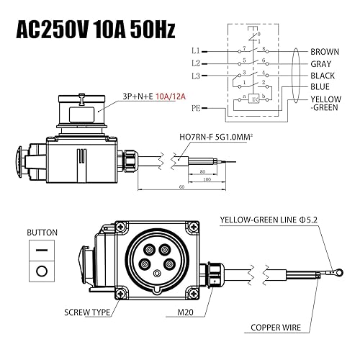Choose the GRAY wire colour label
click(323, 63)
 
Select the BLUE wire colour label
click(321, 87)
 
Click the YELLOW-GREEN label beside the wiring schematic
click(327, 104)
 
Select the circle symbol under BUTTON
click(41, 271)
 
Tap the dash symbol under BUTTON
click(41, 249)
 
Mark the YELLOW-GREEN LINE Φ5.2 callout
click(269, 222)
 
